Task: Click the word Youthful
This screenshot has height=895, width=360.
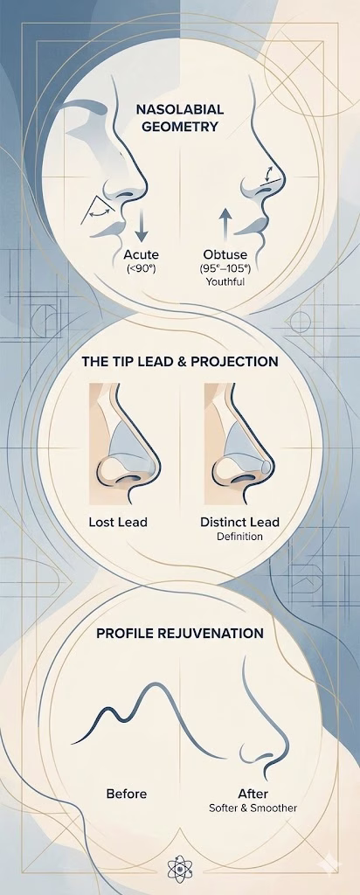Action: [x=225, y=282]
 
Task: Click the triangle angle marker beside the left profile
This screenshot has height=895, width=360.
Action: [x=95, y=211]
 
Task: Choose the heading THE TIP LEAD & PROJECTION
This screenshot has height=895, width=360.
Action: [x=181, y=361]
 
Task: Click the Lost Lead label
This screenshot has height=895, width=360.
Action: [x=118, y=523]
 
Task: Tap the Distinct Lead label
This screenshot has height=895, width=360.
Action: [x=239, y=523]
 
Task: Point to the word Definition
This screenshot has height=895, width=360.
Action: [x=239, y=537]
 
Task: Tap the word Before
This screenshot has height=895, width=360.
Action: [x=126, y=794]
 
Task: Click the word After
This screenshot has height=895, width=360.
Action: [x=253, y=794]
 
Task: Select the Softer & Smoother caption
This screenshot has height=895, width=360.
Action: [x=253, y=808]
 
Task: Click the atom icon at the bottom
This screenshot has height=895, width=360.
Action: [x=181, y=869]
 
